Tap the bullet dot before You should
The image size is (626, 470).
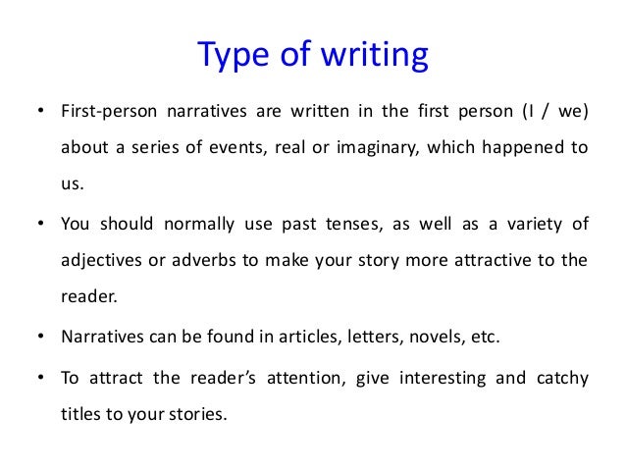pyautogui.click(x=40, y=224)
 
